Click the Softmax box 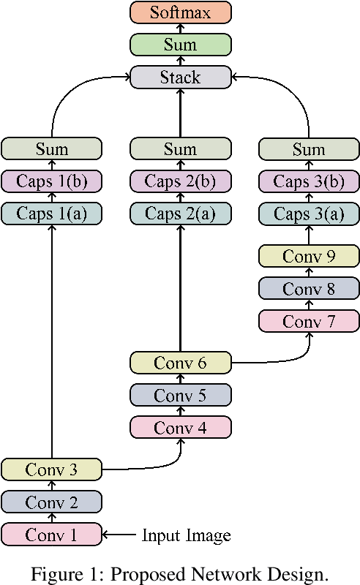click(180, 12)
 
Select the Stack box click(180, 77)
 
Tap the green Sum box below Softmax click(180, 45)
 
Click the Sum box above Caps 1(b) click(51, 149)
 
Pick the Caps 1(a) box click(51, 214)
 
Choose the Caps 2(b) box click(180, 181)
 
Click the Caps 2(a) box click(180, 214)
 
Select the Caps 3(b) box click(309, 181)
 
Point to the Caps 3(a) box click(309, 214)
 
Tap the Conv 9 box click(309, 256)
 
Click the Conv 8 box click(309, 288)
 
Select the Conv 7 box click(309, 320)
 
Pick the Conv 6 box click(180, 362)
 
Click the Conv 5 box click(180, 395)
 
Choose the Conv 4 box click(180, 426)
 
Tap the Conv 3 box click(51, 469)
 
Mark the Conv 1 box click(51, 534)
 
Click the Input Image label click(186, 535)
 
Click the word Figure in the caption click(53, 575)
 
